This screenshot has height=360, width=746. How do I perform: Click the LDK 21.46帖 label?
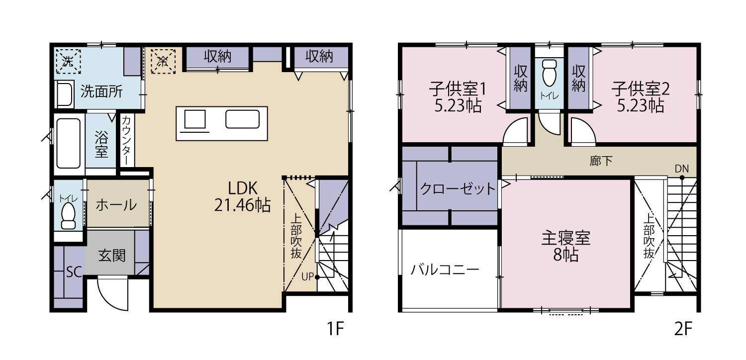(243, 196)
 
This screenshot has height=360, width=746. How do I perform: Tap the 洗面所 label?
(101, 91)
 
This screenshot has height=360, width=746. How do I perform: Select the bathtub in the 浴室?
(68, 144)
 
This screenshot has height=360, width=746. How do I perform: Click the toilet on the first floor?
(68, 215)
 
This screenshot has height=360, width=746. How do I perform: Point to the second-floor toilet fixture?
(549, 73)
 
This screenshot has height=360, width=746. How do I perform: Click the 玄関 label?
(112, 256)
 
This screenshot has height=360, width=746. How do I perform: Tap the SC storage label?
(74, 272)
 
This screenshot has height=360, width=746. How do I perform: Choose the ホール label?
(116, 205)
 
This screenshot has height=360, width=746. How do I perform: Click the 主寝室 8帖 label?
(565, 247)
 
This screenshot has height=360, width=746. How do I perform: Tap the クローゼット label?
(458, 189)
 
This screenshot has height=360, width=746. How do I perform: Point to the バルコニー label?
(445, 270)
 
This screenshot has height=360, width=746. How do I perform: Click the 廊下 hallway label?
(601, 161)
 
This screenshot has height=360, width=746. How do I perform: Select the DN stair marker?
(682, 169)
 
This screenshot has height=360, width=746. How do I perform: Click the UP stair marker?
(307, 277)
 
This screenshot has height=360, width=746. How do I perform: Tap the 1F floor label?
(335, 329)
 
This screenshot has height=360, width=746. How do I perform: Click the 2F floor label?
(683, 329)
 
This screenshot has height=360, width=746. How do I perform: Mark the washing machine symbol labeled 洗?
(68, 61)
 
